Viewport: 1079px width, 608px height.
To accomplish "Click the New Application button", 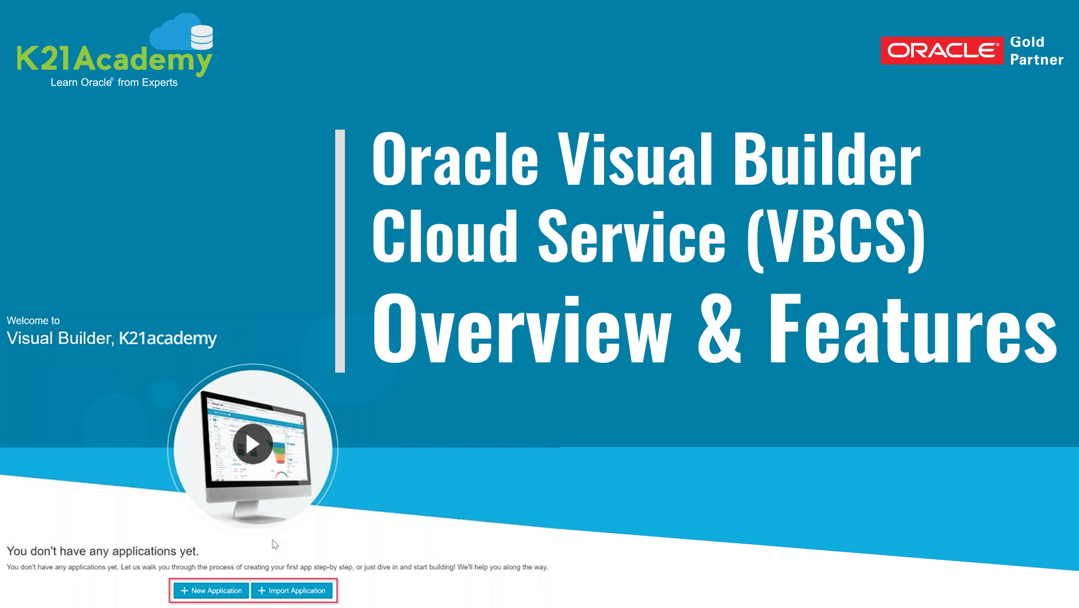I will pos(211,591).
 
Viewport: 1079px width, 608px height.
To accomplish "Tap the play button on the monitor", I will pos(253,444).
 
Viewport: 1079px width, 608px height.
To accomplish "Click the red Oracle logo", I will pos(941,51).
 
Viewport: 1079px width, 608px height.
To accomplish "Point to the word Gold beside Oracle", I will pos(1027,42).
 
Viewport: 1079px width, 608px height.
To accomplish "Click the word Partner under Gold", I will pos(1036,60).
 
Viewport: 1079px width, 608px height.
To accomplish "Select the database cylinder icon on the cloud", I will pos(202,37).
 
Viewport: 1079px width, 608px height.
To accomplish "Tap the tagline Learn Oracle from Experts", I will pos(114,83).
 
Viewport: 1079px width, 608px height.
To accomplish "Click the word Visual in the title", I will pos(635,160).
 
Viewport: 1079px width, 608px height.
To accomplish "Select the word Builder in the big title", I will pos(826,160).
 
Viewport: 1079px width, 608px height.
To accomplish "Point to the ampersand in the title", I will pos(719,329).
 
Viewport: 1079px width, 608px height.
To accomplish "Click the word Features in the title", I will pos(912,329).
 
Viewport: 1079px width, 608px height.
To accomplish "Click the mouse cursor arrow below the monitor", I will pos(275,544).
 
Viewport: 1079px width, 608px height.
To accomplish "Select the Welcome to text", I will pos(33,321).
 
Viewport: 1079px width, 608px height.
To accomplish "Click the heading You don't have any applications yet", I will pos(103,551).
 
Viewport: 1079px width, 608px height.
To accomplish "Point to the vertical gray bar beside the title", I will pos(340,251).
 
